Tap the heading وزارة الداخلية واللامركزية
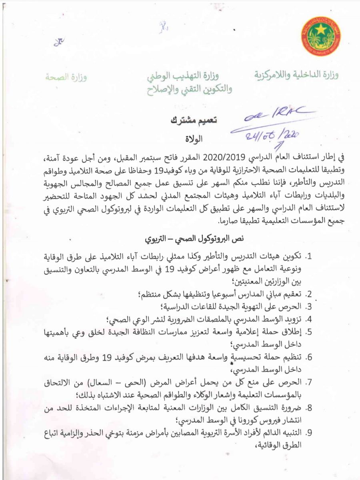[296, 75]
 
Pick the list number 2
[308, 294]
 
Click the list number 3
[308, 307]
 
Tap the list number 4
[308, 319]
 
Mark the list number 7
[308, 383]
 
